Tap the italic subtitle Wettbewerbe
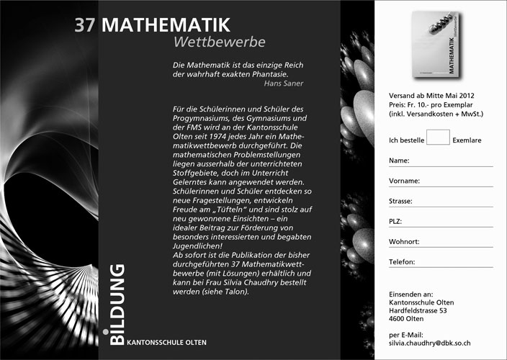(x=220, y=42)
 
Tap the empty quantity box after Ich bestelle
(x=438, y=137)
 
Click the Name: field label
(x=399, y=160)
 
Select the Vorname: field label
(x=404, y=181)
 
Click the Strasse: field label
(x=402, y=201)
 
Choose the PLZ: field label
(x=396, y=221)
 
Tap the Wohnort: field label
(x=404, y=242)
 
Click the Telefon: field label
(x=403, y=262)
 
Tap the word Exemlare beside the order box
(x=467, y=140)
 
